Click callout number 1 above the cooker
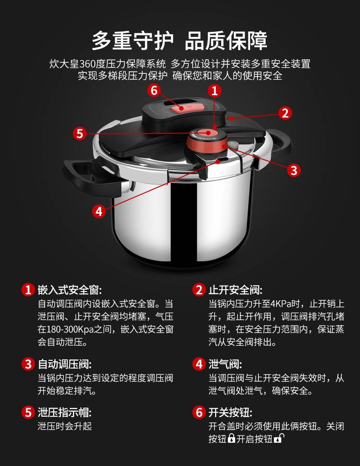[x=214, y=91]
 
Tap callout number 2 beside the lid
[x=285, y=113]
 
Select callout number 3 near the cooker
[x=294, y=170]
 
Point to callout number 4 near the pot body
[x=99, y=211]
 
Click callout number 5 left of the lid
[x=80, y=133]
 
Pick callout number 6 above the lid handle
[x=154, y=90]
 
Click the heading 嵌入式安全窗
[x=70, y=290]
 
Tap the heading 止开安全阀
[x=236, y=290]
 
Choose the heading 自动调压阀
[x=65, y=364]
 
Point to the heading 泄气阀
[x=225, y=364]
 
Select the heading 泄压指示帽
[x=65, y=413]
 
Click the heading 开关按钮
[x=231, y=413]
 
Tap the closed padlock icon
[x=231, y=438]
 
